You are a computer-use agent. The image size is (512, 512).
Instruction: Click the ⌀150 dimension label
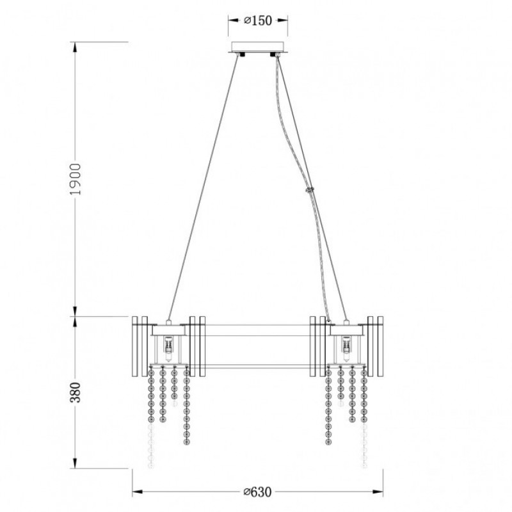[x=258, y=20]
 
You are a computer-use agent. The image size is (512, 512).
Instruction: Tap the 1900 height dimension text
[x=76, y=179]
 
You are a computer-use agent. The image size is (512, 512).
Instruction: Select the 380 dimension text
[x=76, y=392]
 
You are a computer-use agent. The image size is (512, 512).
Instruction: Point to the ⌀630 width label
[x=258, y=492]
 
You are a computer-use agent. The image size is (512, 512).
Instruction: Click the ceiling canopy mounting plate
[x=258, y=47]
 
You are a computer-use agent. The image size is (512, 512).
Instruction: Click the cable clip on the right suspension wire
[x=309, y=189]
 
